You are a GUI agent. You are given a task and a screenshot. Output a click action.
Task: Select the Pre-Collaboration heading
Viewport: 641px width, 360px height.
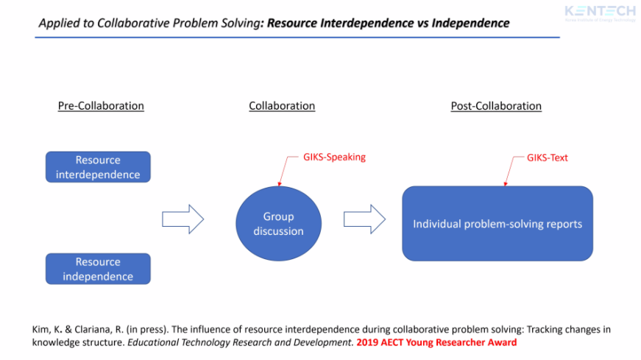pyautogui.click(x=101, y=106)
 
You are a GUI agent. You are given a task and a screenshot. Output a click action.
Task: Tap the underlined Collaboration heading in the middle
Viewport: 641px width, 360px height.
pyautogui.click(x=282, y=106)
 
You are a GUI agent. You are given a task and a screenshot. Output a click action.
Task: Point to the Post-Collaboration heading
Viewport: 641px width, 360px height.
pyautogui.click(x=496, y=106)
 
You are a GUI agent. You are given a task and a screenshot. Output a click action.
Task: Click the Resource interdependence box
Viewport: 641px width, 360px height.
pyautogui.click(x=98, y=167)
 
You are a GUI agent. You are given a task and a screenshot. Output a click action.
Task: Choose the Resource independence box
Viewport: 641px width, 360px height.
pyautogui.click(x=98, y=269)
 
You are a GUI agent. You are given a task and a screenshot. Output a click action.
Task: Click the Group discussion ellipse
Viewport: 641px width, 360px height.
pyautogui.click(x=278, y=223)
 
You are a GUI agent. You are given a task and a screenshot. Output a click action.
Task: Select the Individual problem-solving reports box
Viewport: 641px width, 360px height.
pyautogui.click(x=497, y=224)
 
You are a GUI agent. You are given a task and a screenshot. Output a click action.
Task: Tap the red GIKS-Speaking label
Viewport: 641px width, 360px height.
pyautogui.click(x=334, y=157)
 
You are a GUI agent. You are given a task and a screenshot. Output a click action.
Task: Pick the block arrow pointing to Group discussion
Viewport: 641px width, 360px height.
pyautogui.click(x=182, y=219)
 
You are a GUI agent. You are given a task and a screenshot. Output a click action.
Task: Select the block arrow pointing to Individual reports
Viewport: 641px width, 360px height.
pyautogui.click(x=364, y=219)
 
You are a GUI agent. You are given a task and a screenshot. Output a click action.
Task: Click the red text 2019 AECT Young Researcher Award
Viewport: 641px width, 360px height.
pyautogui.click(x=436, y=342)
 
